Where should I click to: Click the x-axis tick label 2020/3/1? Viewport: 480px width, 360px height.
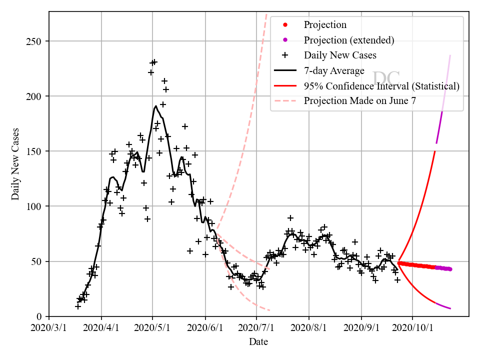pyautogui.click(x=49, y=329)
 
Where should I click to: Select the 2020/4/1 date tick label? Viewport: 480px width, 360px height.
pyautogui.click(x=101, y=329)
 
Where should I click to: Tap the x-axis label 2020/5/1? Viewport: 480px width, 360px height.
pyautogui.click(x=153, y=329)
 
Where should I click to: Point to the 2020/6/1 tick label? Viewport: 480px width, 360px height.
pyautogui.click(x=205, y=329)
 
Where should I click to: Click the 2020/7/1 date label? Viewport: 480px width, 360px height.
pyautogui.click(x=256, y=329)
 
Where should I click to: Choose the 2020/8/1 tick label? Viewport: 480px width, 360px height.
pyautogui.click(x=309, y=329)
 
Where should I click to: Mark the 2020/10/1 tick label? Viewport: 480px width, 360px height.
pyautogui.click(x=412, y=329)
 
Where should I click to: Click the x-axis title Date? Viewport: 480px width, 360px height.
pyautogui.click(x=258, y=342)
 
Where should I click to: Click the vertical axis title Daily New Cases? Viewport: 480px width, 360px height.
pyautogui.click(x=16, y=164)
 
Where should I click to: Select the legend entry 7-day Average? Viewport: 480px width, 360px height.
pyautogui.click(x=334, y=70)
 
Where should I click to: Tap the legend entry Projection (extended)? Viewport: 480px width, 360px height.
pyautogui.click(x=349, y=40)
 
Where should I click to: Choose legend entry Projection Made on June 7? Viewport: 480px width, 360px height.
pyautogui.click(x=360, y=100)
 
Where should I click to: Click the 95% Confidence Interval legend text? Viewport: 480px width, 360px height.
pyautogui.click(x=381, y=86)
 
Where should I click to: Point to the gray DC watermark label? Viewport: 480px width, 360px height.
pyautogui.click(x=386, y=78)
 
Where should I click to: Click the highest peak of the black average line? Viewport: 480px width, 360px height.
pyautogui.click(x=156, y=106)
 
